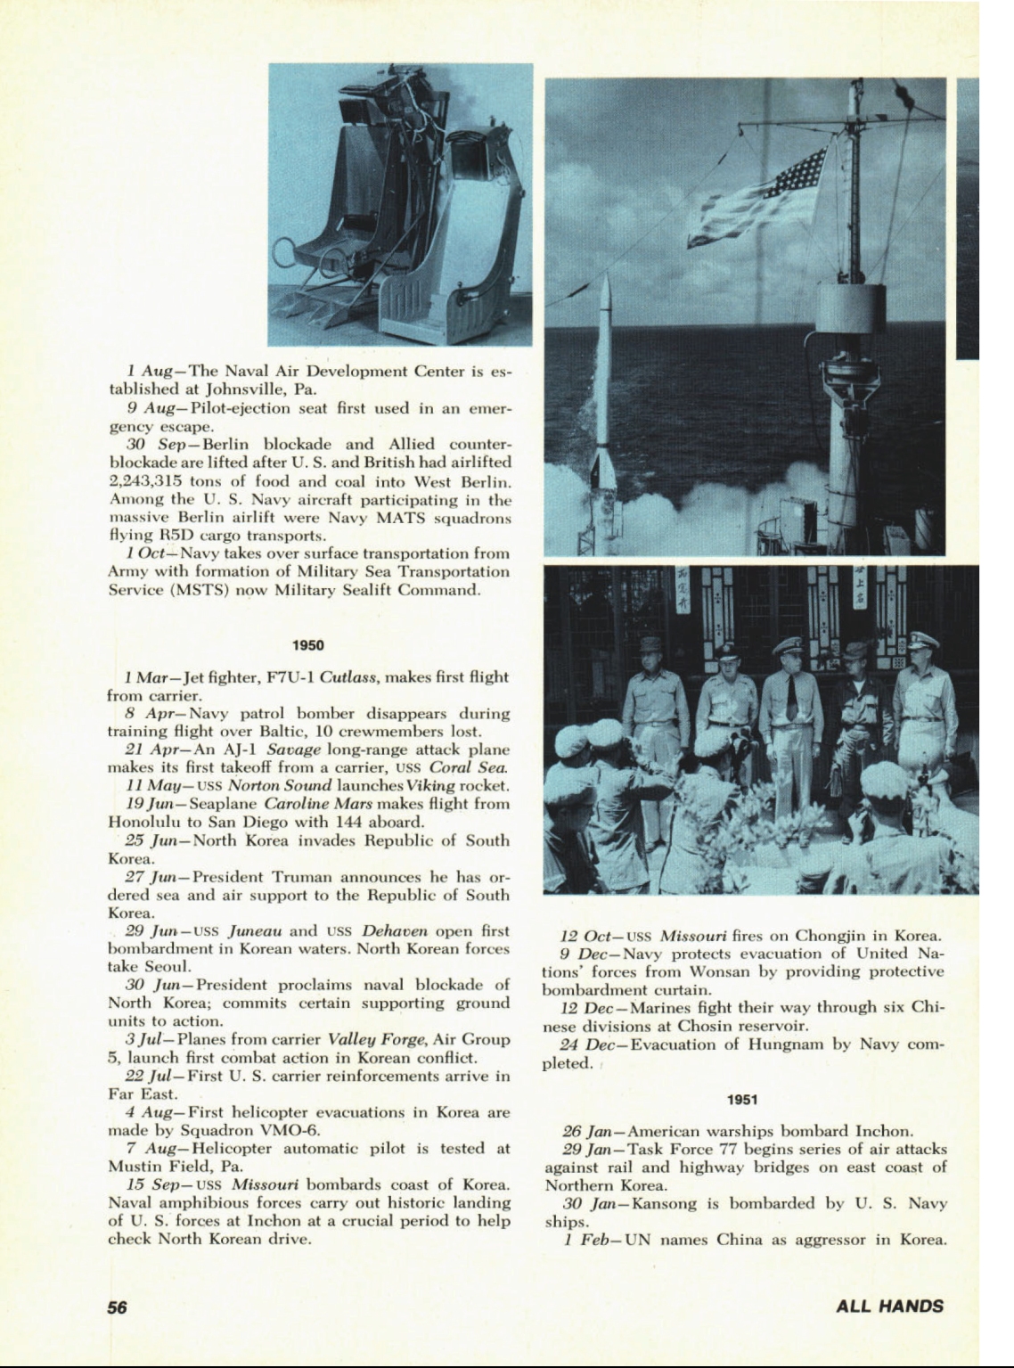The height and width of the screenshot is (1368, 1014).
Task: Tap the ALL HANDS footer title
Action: coord(889,1307)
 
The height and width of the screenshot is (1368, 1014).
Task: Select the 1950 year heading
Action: coord(308,645)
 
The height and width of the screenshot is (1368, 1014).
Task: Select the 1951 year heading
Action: coord(742,1100)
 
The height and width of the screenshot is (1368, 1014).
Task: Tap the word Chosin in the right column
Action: coord(704,1026)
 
